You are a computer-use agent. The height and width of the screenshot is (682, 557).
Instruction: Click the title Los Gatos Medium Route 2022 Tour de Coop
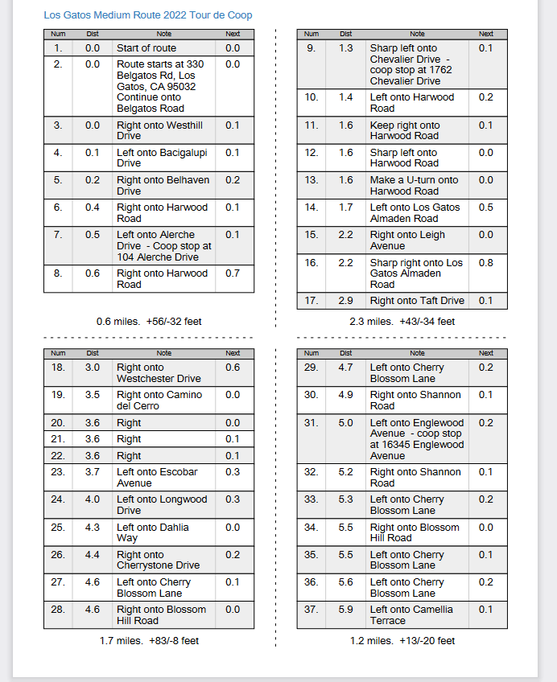[x=147, y=15]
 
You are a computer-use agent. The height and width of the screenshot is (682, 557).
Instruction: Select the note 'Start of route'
[x=146, y=48]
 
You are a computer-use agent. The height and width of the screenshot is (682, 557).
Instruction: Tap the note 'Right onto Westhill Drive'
[x=159, y=130]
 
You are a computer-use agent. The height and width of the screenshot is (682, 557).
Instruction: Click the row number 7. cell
[x=58, y=235]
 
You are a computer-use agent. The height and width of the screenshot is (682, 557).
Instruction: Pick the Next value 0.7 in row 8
[x=233, y=273]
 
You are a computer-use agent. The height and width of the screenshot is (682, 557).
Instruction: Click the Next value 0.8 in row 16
[x=486, y=263]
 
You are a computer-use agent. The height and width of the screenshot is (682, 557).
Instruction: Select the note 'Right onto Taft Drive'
[x=417, y=301]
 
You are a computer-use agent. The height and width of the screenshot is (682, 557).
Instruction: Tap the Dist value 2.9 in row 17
[x=346, y=301]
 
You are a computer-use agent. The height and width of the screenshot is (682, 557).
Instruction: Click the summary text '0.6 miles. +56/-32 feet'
[x=149, y=322]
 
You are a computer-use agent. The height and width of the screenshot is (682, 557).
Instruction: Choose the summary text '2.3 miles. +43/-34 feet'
[x=402, y=322]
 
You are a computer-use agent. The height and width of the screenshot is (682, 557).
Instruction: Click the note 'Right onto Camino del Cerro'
[x=159, y=401]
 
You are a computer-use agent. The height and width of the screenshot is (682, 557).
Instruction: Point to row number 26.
[x=58, y=555]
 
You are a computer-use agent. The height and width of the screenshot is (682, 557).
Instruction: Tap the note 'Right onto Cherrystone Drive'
[x=158, y=560]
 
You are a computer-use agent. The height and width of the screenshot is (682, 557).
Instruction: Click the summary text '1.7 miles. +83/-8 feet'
[x=149, y=641]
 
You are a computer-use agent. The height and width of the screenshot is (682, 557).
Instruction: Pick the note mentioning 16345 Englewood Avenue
[x=417, y=439]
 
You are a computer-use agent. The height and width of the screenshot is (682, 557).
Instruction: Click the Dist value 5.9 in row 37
[x=346, y=610]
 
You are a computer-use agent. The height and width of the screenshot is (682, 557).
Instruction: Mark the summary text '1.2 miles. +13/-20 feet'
[x=402, y=641]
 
